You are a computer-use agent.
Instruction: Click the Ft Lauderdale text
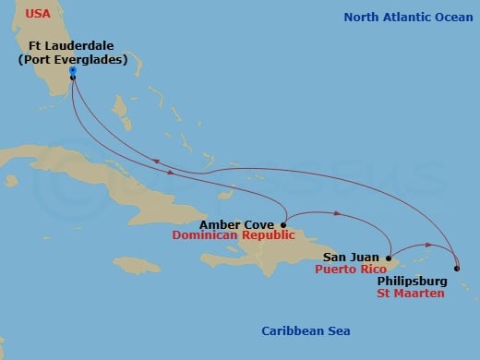point(72,45)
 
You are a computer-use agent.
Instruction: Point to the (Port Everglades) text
point(72,60)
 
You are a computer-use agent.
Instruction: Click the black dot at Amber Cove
point(283,224)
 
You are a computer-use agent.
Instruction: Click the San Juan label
point(349,258)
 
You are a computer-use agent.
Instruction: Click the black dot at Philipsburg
point(457,268)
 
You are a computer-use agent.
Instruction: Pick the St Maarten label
point(414,294)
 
